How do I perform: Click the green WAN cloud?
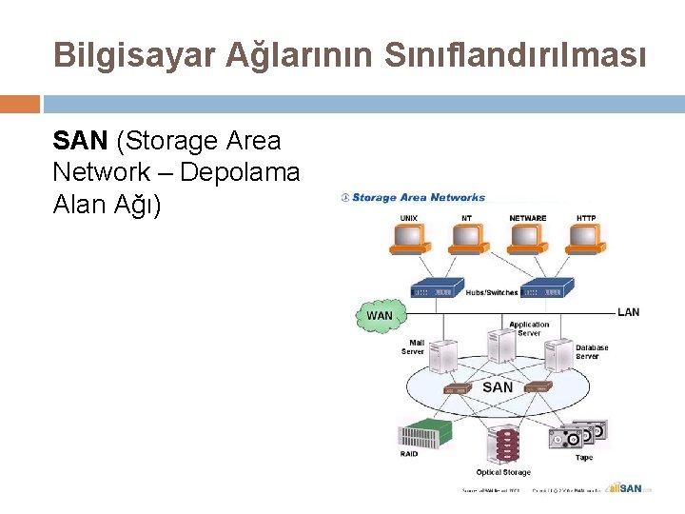click(x=379, y=315)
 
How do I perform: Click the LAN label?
click(x=629, y=312)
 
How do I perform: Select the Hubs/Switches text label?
click(x=492, y=292)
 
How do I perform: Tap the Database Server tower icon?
click(x=558, y=358)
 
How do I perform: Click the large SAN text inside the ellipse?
click(x=498, y=387)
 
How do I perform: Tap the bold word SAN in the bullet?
click(x=81, y=141)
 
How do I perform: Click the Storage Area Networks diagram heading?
click(x=415, y=198)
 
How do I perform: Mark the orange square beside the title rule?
click(x=20, y=103)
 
